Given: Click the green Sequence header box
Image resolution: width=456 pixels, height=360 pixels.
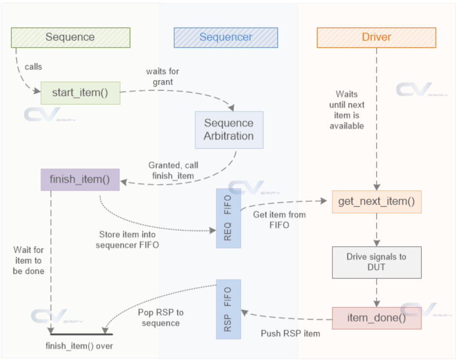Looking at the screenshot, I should [x=70, y=37].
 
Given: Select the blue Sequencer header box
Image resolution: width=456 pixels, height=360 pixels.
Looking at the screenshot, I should [x=226, y=37].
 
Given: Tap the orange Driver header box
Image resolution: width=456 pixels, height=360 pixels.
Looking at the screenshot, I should [x=376, y=37].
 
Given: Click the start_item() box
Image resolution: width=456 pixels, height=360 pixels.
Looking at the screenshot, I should [x=80, y=93].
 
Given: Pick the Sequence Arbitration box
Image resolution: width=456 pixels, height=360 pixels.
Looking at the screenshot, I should [x=229, y=130].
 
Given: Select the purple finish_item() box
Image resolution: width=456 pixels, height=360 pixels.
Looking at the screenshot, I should [x=80, y=179].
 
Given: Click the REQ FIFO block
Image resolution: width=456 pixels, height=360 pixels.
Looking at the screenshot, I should [x=228, y=218].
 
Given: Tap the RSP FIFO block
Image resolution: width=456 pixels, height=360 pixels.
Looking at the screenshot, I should [x=228, y=309].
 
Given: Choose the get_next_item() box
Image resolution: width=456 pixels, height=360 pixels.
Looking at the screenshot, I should [x=376, y=202].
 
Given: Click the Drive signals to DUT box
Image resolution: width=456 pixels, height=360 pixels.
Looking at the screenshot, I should [x=376, y=262].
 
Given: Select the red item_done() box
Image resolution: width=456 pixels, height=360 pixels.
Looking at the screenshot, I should [x=376, y=318].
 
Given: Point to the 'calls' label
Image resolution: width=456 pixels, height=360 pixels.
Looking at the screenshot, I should [x=33, y=67].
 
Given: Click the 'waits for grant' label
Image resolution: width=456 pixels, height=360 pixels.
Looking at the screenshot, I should [x=162, y=76].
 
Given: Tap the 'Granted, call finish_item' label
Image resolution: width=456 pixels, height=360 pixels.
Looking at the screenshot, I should [x=173, y=170].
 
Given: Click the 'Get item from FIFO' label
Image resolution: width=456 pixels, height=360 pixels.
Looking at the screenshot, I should [x=279, y=220].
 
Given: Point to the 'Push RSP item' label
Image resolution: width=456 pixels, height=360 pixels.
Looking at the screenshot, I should [x=290, y=333].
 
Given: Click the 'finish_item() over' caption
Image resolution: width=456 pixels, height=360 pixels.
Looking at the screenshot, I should [x=79, y=346].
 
